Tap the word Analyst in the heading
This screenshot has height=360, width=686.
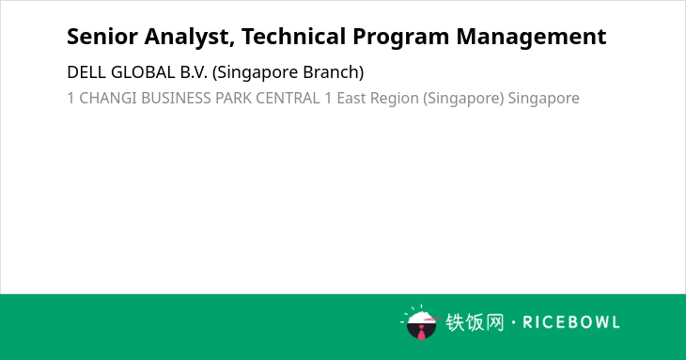coord(190,38)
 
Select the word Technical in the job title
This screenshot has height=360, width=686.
coord(293,37)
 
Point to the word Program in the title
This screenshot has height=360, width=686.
coord(400,38)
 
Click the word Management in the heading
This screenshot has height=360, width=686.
coord(531,38)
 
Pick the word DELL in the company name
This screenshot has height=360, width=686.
coord(86,72)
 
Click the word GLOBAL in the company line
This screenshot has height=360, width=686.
coord(143,72)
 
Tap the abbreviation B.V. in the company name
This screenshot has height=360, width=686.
coord(194,72)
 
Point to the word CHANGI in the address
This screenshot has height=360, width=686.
coord(108,99)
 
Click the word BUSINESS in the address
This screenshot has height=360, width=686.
coord(177,99)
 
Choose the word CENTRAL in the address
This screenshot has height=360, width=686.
coord(288,99)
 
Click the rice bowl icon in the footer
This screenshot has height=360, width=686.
coord(420,322)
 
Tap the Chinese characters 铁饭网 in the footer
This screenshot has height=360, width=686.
coord(475,322)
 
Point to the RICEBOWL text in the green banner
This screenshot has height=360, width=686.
coord(571,322)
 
